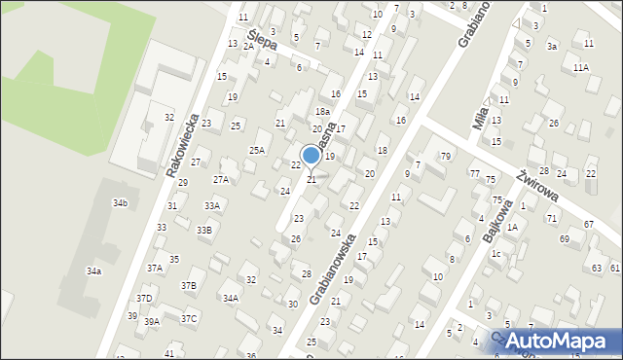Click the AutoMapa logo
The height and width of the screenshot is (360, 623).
click(x=559, y=341)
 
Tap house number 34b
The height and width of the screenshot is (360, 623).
click(x=120, y=203)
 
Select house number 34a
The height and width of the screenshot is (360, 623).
click(x=93, y=271)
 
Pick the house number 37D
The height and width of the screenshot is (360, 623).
click(x=144, y=299)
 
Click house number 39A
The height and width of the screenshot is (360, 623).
click(x=152, y=321)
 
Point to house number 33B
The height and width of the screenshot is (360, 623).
click(x=203, y=230)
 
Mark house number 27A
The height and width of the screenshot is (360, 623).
click(x=221, y=179)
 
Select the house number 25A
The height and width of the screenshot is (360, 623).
click(x=257, y=150)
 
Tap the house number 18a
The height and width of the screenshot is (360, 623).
click(x=322, y=112)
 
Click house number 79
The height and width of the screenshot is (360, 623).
click(x=445, y=157)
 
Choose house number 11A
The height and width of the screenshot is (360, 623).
click(x=581, y=67)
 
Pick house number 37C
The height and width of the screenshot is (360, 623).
click(x=189, y=318)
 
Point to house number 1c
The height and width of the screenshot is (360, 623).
click(x=495, y=254)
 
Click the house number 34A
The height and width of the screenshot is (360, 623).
click(x=231, y=298)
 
